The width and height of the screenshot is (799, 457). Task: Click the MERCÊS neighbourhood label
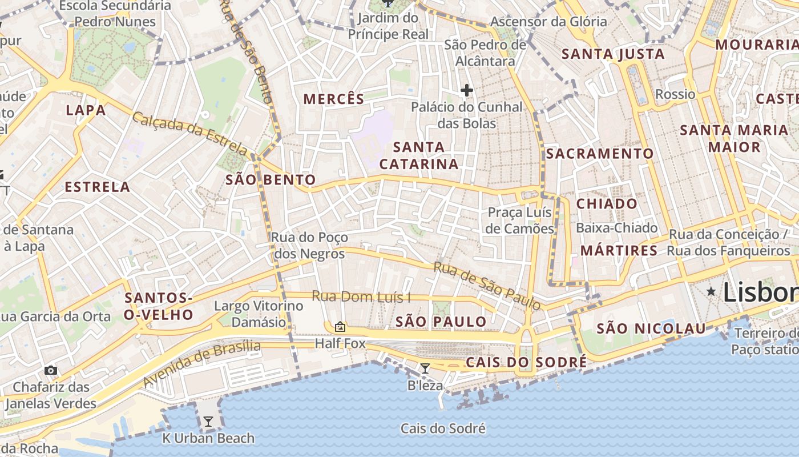click(x=334, y=99)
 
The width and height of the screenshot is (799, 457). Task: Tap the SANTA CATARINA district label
click(x=419, y=155)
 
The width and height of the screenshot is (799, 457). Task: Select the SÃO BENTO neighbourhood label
click(x=271, y=180)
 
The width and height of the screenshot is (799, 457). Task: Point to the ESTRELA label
click(x=98, y=187)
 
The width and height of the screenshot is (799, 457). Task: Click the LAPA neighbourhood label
click(x=86, y=110)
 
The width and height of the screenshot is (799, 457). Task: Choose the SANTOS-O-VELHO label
click(x=159, y=306)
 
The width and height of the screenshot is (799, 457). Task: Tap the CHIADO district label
click(x=607, y=204)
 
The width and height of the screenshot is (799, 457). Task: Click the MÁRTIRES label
click(x=619, y=251)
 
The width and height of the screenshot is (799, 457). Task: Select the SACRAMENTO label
click(x=600, y=154)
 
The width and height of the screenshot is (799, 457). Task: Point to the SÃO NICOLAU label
click(x=651, y=328)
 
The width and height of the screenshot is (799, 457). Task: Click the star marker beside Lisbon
click(x=711, y=292)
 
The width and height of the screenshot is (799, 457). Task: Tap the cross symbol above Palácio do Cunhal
click(x=467, y=90)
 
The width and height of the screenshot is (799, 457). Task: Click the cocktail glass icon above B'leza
click(x=425, y=368)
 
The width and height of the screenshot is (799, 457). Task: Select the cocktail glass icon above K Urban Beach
click(x=208, y=422)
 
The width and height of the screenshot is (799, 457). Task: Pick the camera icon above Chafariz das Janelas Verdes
click(x=51, y=370)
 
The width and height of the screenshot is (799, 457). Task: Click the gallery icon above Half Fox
click(x=340, y=327)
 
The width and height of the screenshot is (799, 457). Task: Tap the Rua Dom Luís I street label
click(x=361, y=297)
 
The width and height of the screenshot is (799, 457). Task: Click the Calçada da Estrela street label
click(x=189, y=134)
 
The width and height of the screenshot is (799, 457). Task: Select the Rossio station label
click(x=675, y=94)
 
